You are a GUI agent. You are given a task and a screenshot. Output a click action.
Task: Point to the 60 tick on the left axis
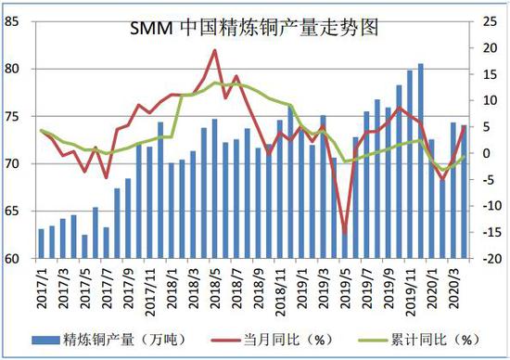click(x=16, y=259)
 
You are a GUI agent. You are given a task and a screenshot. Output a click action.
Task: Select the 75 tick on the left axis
click(x=16, y=116)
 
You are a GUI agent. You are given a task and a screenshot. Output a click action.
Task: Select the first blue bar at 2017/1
click(x=41, y=244)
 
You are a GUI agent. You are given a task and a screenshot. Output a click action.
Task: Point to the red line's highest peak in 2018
click(x=215, y=51)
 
